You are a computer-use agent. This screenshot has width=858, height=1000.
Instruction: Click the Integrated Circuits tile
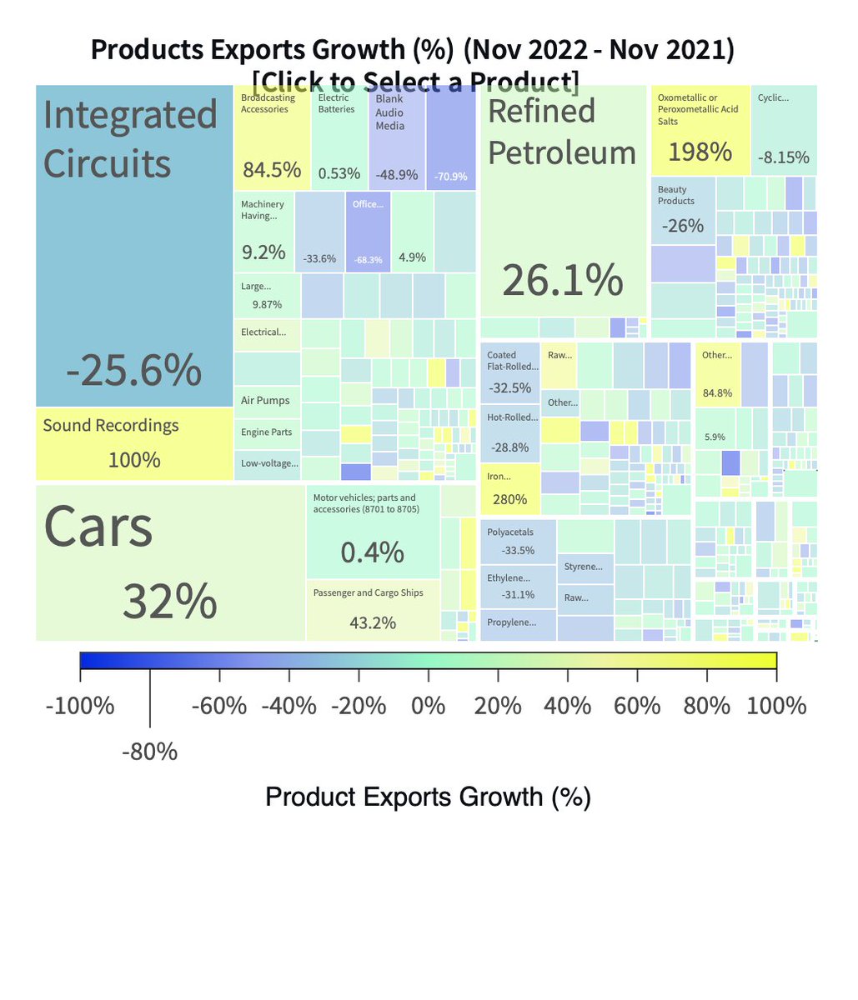133,250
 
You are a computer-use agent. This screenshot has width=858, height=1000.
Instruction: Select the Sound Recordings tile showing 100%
133,443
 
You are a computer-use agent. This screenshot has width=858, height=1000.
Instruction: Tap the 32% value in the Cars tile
169,601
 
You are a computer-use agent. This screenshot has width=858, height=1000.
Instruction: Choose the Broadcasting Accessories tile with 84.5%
272,137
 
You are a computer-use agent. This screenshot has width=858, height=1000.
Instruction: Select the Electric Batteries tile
339,137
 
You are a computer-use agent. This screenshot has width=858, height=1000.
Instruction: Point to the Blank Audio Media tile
396,137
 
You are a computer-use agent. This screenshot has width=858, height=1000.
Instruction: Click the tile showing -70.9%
450,137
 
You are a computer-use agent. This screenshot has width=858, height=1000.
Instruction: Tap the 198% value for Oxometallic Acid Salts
700,152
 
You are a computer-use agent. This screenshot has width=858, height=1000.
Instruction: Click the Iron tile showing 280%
509,489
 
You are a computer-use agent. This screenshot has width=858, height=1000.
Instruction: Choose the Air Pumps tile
266,400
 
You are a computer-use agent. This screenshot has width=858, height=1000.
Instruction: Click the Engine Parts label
267,432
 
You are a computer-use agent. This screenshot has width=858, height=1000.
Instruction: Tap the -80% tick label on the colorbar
150,752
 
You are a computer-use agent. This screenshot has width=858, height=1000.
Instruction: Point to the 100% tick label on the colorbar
777,707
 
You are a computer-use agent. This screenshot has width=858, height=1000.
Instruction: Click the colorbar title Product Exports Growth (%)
428,797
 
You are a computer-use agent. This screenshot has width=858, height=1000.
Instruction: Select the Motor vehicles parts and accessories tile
373,533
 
